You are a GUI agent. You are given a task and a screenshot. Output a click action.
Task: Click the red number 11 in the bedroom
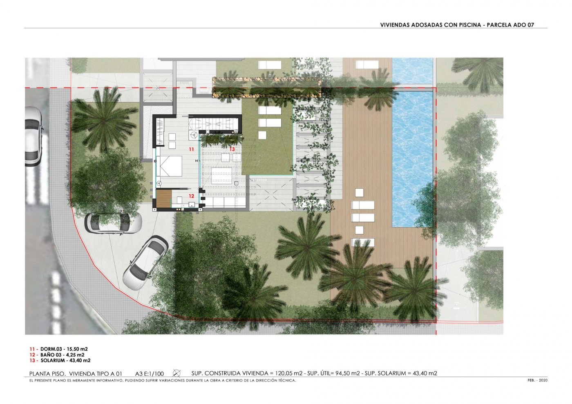(191, 150)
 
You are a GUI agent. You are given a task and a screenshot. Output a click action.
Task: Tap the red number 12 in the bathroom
(191, 196)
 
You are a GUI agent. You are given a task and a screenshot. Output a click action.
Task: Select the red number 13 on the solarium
(232, 149)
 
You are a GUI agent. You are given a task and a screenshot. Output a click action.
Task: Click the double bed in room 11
(169, 166)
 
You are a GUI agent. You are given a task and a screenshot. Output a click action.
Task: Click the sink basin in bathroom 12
(192, 204)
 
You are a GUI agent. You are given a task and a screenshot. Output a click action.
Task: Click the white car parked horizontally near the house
(113, 223)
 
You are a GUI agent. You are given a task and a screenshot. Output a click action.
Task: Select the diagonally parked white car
(146, 263)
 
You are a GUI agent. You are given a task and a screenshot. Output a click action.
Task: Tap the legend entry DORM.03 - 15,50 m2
(64, 349)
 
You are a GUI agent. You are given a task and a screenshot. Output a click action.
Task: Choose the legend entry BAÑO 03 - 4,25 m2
(62, 355)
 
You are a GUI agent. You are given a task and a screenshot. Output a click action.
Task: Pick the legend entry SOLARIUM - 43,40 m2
(65, 361)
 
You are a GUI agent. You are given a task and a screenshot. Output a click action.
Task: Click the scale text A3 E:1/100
(150, 374)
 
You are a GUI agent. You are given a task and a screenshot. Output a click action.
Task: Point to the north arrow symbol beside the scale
(177, 373)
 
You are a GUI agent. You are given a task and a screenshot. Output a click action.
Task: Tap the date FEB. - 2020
(538, 380)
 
